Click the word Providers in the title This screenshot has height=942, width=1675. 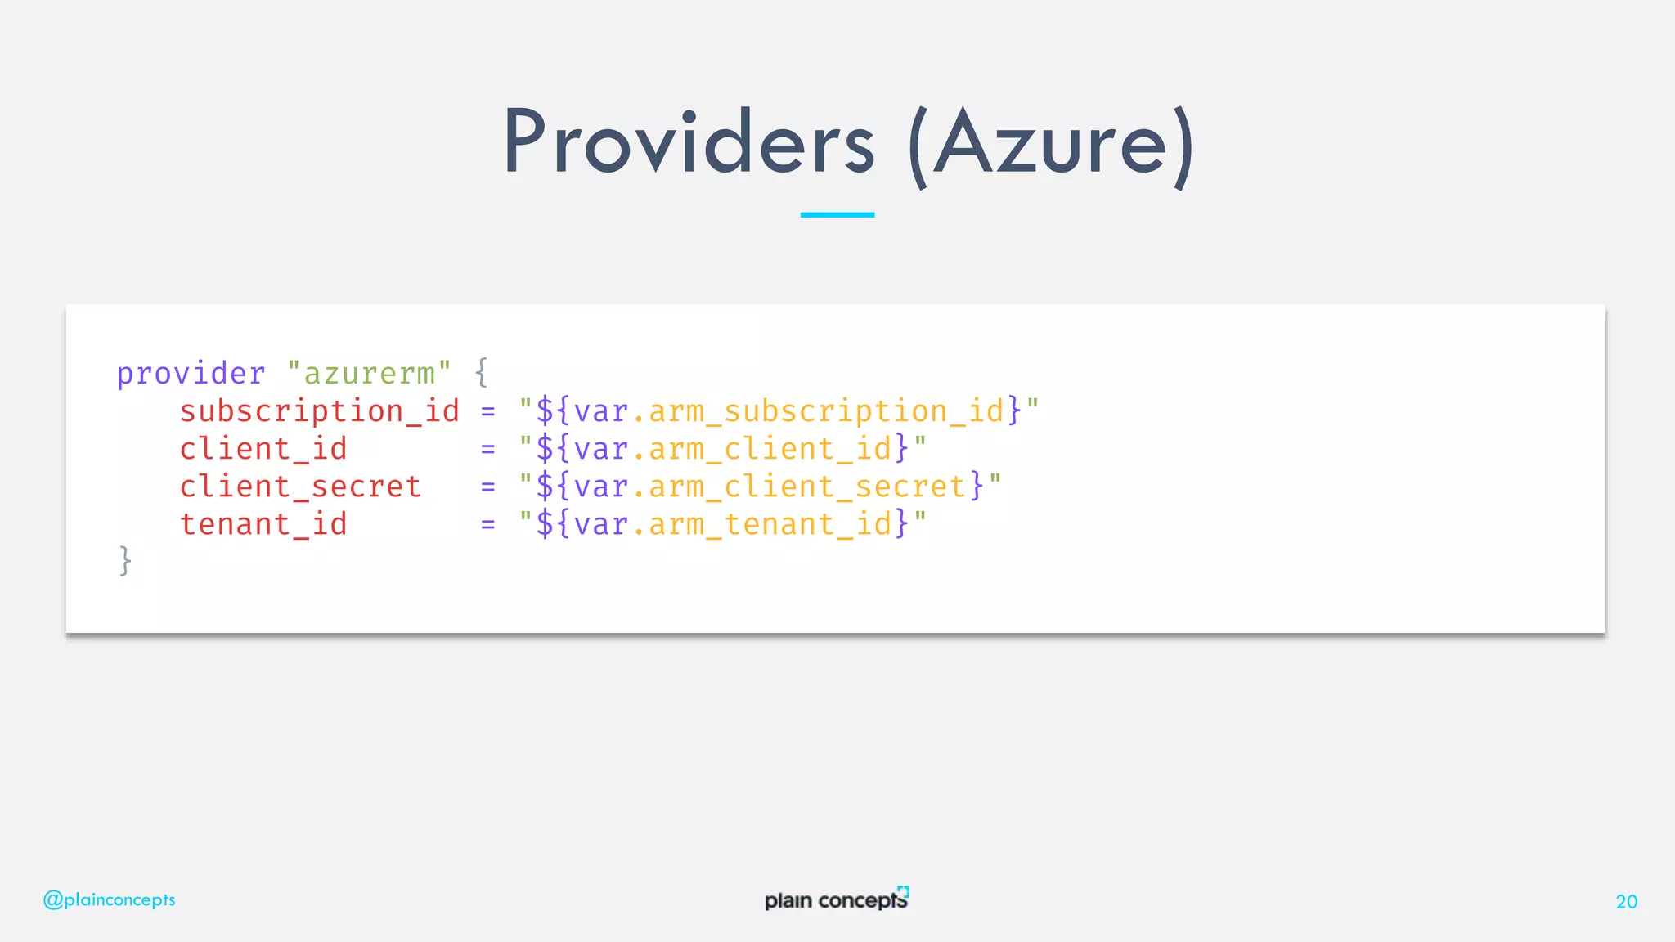(689, 143)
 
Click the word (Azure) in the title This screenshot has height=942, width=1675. (1051, 146)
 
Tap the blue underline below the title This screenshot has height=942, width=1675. (837, 215)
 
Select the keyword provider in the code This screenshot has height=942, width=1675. (191, 374)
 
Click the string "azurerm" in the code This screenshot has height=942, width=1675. (369, 374)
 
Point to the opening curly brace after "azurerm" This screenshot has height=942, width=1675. (482, 373)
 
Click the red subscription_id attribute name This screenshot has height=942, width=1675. (319, 411)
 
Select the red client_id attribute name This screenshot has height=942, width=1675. (263, 449)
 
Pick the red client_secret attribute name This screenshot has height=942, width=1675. (300, 487)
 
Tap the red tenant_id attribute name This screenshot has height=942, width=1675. (263, 524)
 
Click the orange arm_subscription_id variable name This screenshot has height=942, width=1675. (826, 411)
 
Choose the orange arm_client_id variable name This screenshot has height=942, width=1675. (770, 449)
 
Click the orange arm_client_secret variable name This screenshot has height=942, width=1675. (807, 487)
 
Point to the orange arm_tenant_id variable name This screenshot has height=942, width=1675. (770, 524)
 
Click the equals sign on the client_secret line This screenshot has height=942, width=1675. (488, 487)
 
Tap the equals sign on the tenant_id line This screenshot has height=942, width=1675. (488, 525)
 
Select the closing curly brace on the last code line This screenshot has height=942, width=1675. (125, 561)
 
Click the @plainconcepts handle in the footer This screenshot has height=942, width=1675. (110, 900)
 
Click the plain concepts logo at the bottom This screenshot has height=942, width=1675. (836, 899)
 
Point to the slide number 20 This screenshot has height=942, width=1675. (1626, 902)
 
